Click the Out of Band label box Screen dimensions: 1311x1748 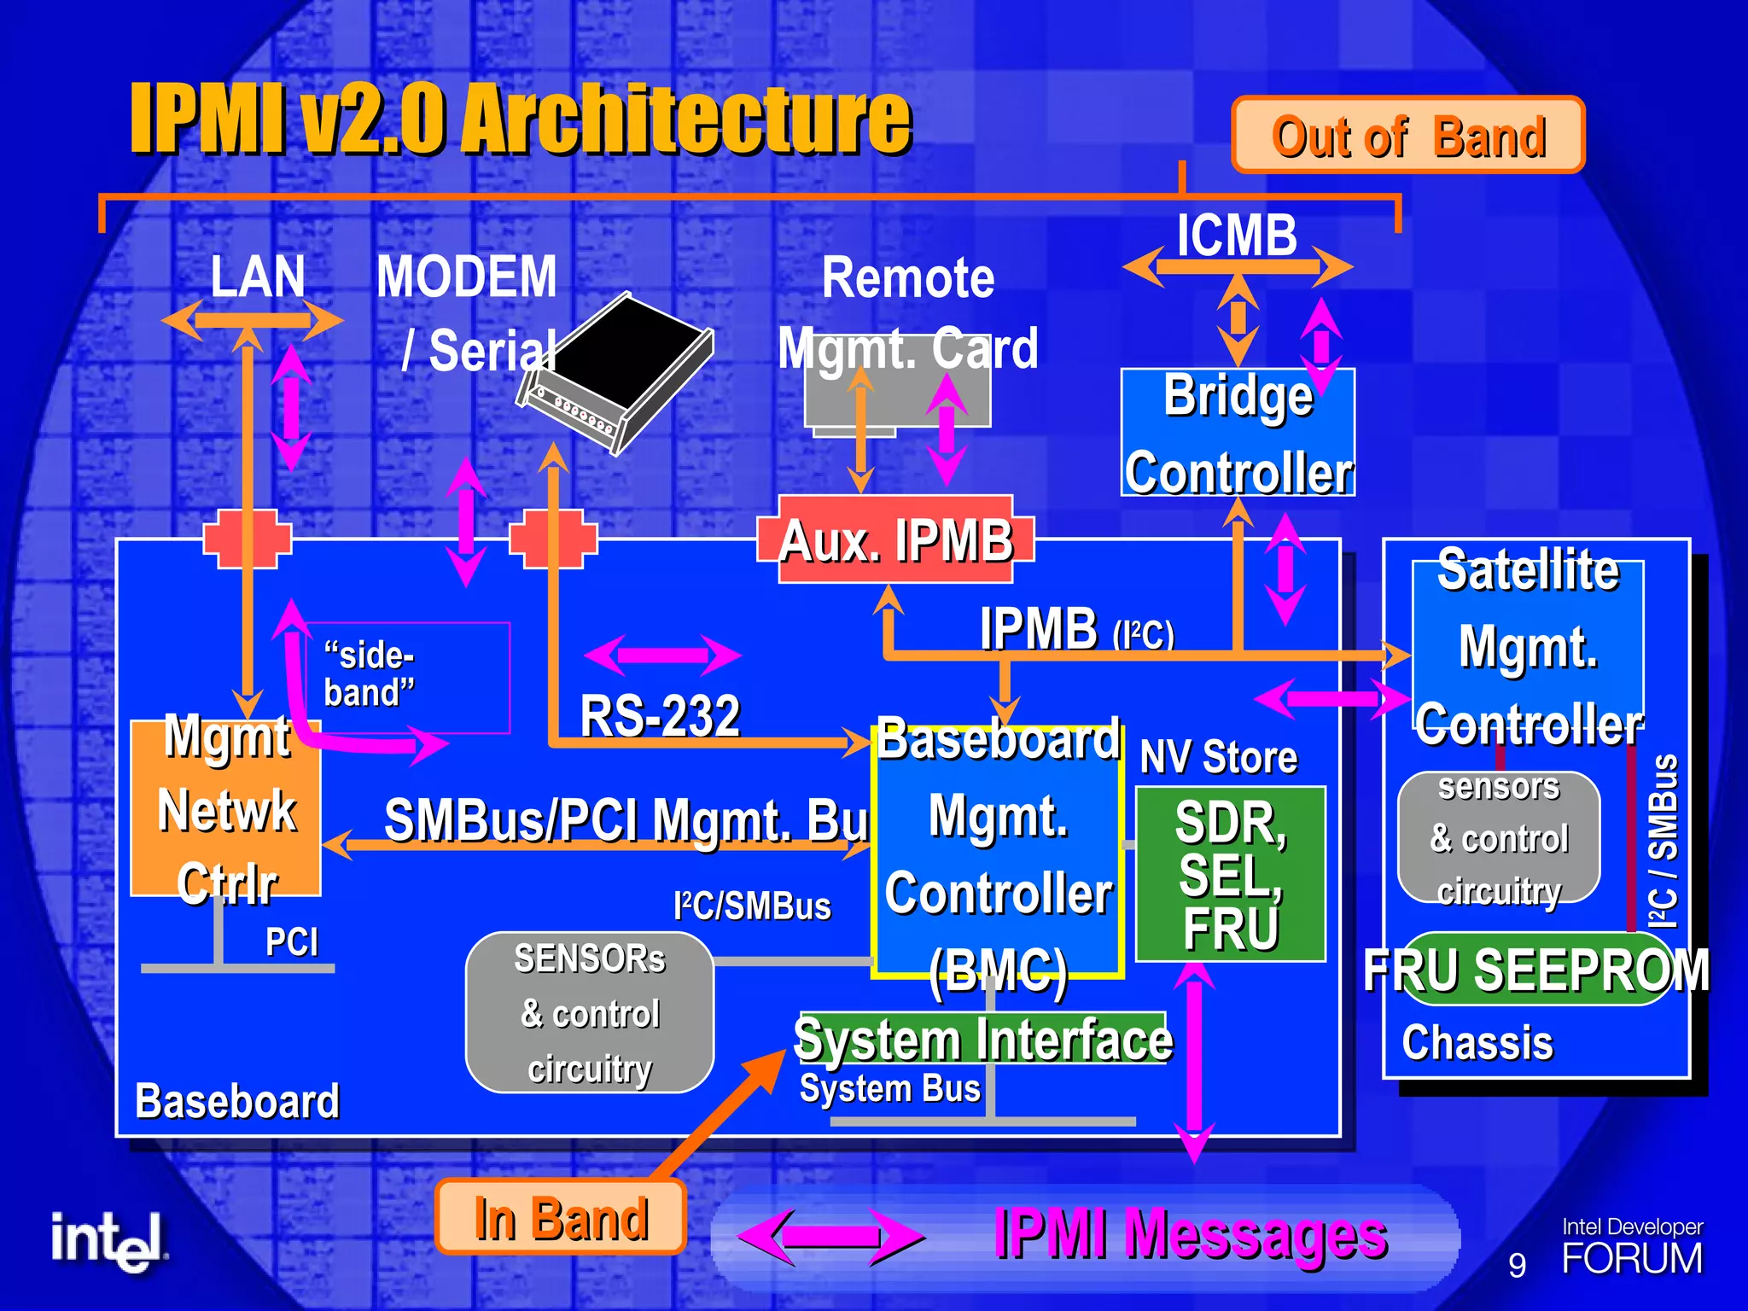click(1408, 135)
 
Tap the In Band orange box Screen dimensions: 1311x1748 click(561, 1217)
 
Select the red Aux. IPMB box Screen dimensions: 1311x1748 click(895, 540)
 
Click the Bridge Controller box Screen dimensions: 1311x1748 click(1238, 433)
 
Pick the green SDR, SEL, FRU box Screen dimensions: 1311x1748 click(1230, 874)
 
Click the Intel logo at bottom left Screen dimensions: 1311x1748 click(108, 1241)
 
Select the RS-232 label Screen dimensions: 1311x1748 click(660, 715)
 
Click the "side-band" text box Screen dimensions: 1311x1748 click(407, 676)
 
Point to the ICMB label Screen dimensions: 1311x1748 click(1237, 235)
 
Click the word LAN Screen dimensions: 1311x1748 click(257, 277)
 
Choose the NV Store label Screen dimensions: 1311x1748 click(1219, 757)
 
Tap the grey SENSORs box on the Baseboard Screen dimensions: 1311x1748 click(589, 1012)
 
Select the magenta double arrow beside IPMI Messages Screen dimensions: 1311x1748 click(830, 1236)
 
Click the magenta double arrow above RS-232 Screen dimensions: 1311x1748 click(663, 655)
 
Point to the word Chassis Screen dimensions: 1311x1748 click(1477, 1043)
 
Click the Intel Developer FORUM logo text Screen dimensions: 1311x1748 click(1631, 1248)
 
